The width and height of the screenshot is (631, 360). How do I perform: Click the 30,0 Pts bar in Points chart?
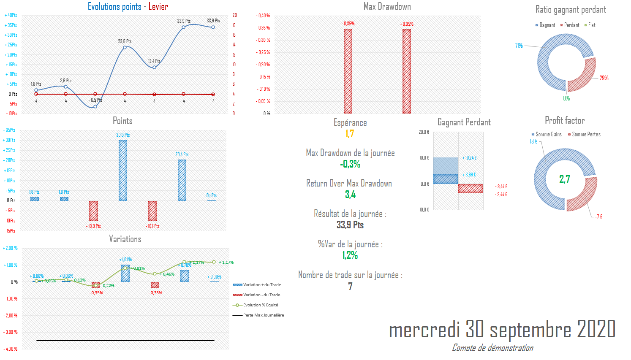point(123,170)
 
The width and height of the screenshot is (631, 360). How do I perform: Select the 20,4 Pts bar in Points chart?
point(182,180)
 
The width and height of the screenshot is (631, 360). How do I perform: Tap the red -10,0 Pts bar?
point(93,211)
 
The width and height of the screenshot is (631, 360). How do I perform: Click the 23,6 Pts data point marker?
point(125,47)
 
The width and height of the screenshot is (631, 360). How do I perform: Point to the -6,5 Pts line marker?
point(95,106)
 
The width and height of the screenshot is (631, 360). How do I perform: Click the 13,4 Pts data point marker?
point(154,67)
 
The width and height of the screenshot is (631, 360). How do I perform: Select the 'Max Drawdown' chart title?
point(387,6)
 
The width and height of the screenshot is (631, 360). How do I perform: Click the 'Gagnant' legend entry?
point(547,25)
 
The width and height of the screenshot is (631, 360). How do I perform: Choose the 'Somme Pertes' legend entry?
point(586,134)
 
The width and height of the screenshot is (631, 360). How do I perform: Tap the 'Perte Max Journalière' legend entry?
point(263,315)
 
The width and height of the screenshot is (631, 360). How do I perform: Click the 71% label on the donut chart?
point(519,46)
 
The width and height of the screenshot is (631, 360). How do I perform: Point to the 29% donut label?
point(604,78)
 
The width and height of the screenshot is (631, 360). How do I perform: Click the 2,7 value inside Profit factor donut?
point(565,179)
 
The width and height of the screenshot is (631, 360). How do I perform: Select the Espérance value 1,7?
point(350,134)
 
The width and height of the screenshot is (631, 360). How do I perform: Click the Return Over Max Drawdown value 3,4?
point(350,195)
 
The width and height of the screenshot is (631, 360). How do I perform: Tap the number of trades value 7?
point(350,286)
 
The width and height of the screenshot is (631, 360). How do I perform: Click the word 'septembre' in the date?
point(531,330)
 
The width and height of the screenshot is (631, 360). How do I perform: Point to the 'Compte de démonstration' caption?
point(492,348)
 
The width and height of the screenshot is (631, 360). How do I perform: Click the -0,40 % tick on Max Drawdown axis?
point(263,16)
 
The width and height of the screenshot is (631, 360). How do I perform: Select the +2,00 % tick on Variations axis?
point(11,248)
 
